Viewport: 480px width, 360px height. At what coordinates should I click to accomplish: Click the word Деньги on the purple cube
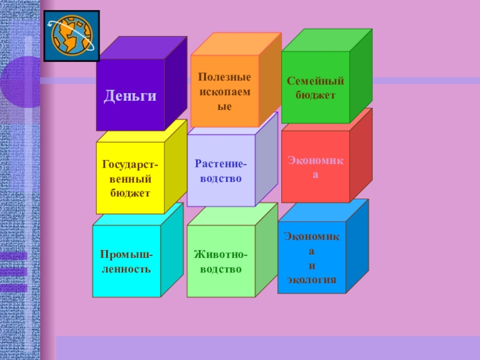click(130, 96)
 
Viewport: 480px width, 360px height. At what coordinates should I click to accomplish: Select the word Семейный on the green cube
click(315, 80)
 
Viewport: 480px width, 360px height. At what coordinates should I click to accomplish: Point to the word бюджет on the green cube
click(315, 94)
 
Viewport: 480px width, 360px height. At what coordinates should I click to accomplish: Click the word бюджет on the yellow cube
click(130, 192)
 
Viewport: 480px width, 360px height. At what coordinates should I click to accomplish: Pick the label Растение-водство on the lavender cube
click(221, 170)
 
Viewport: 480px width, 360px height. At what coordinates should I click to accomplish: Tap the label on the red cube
click(315, 167)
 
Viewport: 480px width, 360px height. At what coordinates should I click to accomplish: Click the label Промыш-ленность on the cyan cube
click(126, 262)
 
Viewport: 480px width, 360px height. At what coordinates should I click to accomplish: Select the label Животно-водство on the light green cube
click(221, 262)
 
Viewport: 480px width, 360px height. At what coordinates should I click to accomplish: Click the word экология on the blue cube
click(311, 279)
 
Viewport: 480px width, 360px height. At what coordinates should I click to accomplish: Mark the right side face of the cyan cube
click(172, 249)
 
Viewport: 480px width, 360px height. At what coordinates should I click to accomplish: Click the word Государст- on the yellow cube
click(130, 164)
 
